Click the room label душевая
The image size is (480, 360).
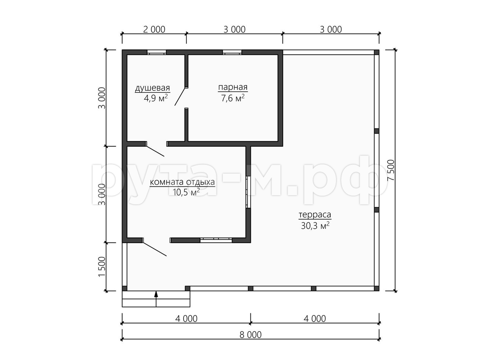[x=152, y=88]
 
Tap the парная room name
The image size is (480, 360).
[x=233, y=87]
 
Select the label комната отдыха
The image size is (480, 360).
[x=182, y=182]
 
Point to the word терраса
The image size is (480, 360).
[x=315, y=215]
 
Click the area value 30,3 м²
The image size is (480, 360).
[x=315, y=226]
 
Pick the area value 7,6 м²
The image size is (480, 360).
[x=233, y=98]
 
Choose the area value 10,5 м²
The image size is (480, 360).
[x=186, y=192]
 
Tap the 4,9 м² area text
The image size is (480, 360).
[x=156, y=98]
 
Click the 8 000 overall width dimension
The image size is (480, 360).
[x=250, y=335]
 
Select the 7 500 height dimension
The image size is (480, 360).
[x=391, y=170]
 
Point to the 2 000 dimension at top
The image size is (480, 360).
[x=154, y=30]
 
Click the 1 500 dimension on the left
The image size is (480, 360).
[x=102, y=266]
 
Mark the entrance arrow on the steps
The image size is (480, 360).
[x=156, y=299]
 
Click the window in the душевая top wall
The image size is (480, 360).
[x=156, y=52]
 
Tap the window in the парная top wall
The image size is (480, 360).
[x=232, y=52]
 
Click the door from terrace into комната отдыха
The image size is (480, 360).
[x=154, y=247]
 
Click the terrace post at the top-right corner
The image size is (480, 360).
[x=376, y=52]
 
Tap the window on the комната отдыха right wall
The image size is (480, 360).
[x=248, y=192]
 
